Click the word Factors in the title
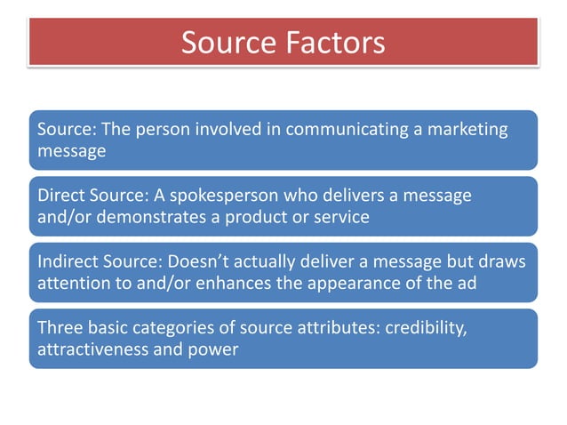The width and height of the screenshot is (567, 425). pos(334,42)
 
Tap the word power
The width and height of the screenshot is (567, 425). pos(215,349)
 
